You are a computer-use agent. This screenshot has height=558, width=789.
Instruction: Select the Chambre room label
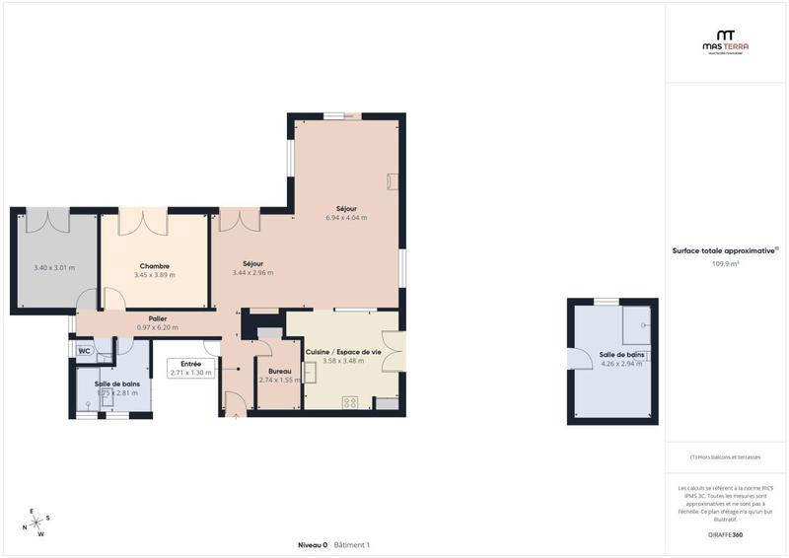tap(154, 265)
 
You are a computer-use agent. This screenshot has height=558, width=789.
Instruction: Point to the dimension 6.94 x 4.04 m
tap(346, 217)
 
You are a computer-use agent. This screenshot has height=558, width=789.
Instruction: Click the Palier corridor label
tap(158, 318)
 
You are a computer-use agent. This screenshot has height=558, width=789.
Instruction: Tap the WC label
tap(85, 350)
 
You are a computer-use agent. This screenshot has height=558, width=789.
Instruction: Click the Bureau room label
tap(278, 371)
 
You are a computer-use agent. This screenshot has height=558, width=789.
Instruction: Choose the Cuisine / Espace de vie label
tap(343, 352)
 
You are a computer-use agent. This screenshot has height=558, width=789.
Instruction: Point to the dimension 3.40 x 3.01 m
tap(54, 267)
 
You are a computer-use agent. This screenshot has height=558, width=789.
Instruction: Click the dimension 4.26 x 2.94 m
tap(621, 363)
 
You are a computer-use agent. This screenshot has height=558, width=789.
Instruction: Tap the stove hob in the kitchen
tap(350, 401)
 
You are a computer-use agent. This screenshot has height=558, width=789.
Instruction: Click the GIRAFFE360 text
tap(725, 534)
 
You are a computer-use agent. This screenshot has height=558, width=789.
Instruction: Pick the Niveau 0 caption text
tap(313, 545)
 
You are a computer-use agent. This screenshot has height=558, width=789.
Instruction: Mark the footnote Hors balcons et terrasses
tap(725, 457)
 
